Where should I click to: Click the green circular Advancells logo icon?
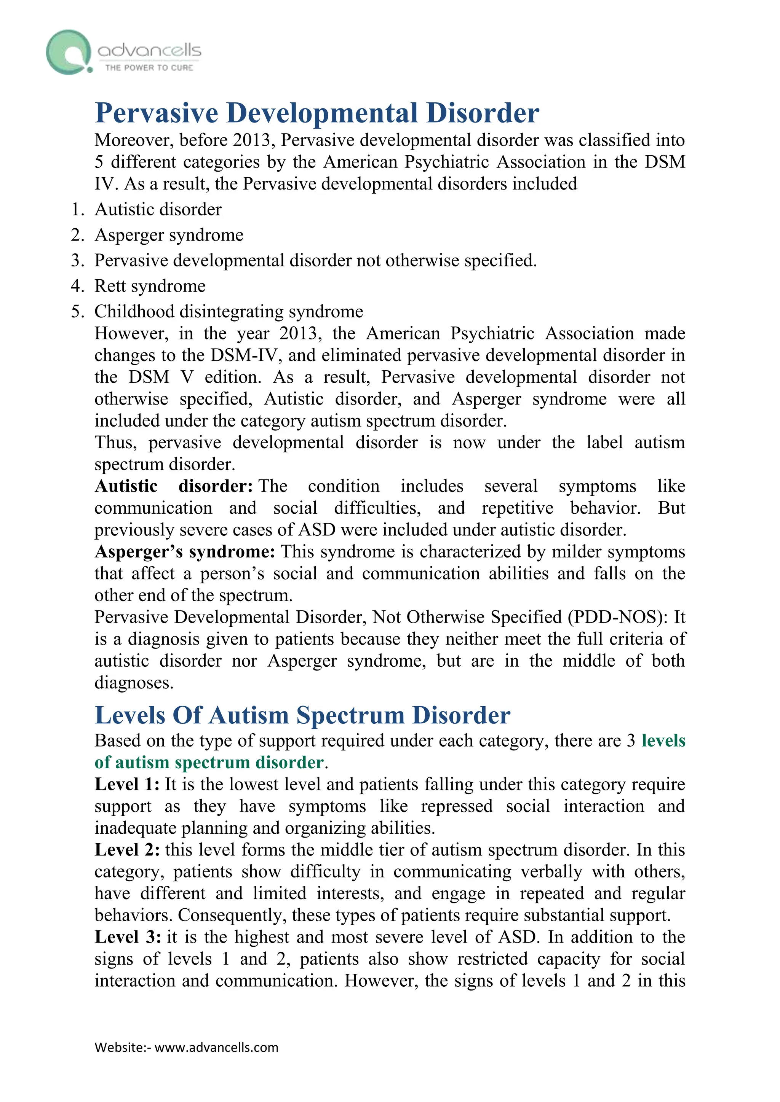click(69, 52)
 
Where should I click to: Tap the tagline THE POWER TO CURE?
click(149, 68)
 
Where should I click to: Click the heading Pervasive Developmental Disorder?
click(317, 113)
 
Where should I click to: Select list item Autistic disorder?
click(158, 210)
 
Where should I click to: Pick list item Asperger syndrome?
click(169, 235)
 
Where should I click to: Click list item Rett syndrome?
click(150, 286)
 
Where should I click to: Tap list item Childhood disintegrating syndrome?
click(229, 312)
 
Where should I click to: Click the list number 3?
click(77, 261)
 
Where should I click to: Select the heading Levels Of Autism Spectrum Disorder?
click(302, 716)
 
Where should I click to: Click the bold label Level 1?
click(127, 785)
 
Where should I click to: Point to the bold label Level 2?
click(127, 850)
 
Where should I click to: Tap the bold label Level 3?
click(128, 937)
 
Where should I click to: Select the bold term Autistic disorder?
click(173, 486)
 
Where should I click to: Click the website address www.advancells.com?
click(217, 1047)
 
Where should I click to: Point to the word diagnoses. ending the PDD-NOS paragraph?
click(134, 683)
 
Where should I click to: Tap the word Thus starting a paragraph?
click(115, 443)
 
